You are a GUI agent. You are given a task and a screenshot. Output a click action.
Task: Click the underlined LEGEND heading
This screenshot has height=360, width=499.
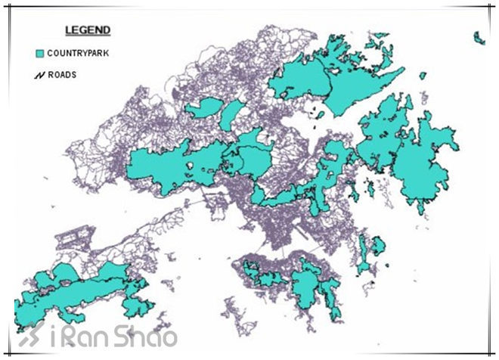(x=88, y=30)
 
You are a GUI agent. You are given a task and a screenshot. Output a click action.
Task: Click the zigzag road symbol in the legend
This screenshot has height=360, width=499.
(x=40, y=75)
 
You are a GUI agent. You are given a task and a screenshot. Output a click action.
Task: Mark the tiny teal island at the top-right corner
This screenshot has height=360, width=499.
(x=479, y=37)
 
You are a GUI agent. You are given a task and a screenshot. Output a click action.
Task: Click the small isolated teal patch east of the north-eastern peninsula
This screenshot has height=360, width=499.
(x=422, y=73)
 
